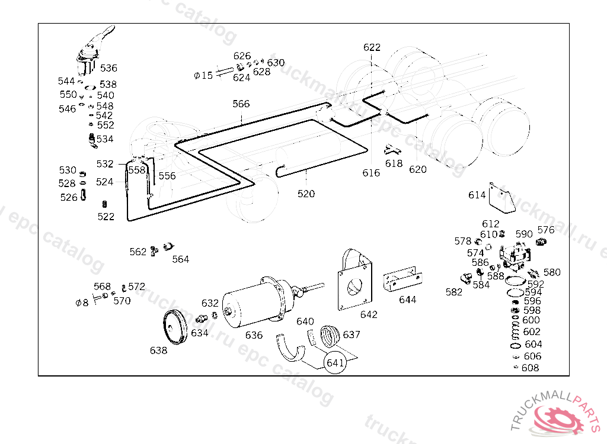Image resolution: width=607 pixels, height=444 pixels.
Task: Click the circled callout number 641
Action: point(335,362)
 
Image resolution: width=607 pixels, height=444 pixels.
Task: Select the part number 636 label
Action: point(254,335)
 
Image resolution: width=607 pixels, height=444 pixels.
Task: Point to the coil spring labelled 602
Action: point(515,332)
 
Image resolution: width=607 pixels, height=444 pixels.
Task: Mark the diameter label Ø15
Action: point(203,75)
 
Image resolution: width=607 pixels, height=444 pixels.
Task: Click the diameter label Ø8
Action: point(82,302)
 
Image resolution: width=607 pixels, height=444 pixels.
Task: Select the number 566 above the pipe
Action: point(241,104)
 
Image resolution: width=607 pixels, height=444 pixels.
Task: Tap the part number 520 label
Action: point(306,194)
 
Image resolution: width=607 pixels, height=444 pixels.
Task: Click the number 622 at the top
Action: point(372,47)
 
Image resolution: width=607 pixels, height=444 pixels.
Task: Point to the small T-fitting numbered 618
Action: point(392,150)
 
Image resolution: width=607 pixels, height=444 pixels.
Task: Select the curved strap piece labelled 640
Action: point(290,348)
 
